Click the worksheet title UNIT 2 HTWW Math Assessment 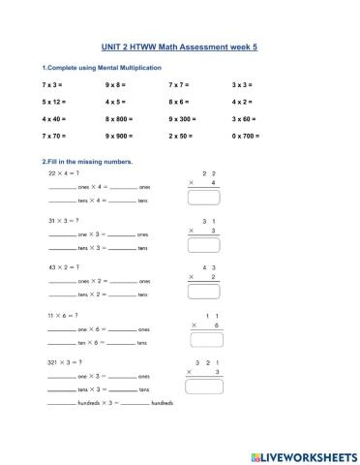179,45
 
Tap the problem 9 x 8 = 115,85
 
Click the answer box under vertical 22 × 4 203,198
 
